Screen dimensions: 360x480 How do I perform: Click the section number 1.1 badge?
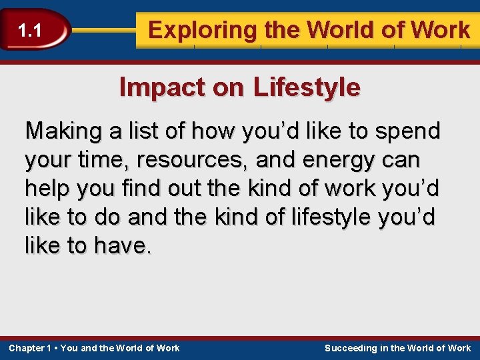[29, 30]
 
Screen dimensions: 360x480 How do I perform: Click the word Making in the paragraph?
[61, 131]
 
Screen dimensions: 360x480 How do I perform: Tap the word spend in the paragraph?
[408, 131]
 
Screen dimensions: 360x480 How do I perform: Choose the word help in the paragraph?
[49, 189]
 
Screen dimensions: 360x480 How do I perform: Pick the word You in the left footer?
[69, 348]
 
